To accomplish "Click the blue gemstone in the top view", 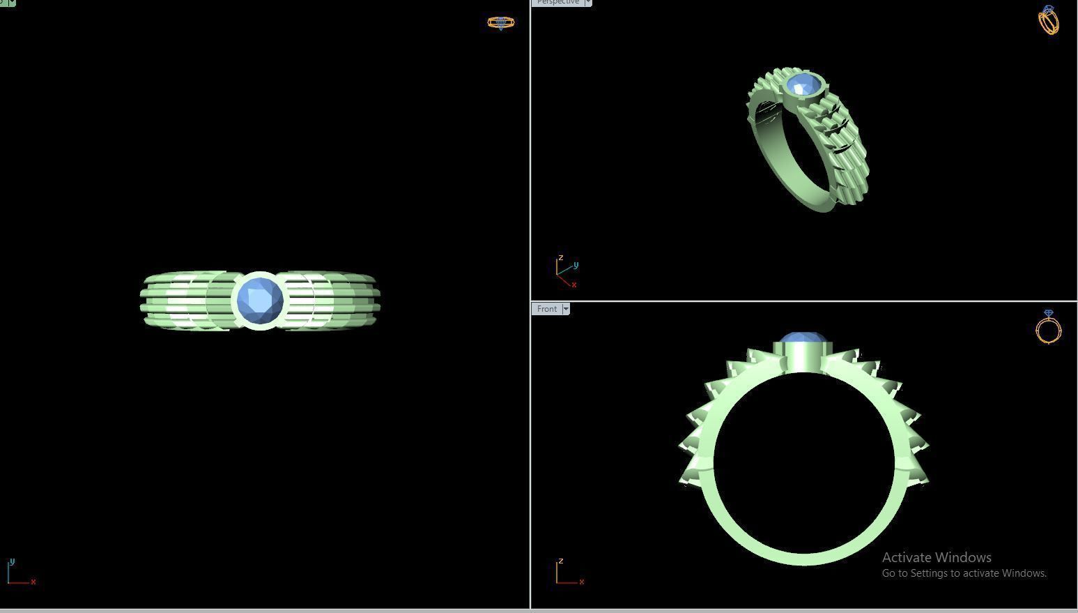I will pyautogui.click(x=260, y=301).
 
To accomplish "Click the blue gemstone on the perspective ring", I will pyautogui.click(x=803, y=86).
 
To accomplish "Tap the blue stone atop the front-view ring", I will pyautogui.click(x=803, y=338).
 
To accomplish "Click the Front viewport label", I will pyautogui.click(x=547, y=309).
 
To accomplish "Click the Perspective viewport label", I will pyautogui.click(x=557, y=2).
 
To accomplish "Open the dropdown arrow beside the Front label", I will pyautogui.click(x=566, y=309).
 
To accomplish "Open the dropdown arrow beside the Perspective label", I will pyautogui.click(x=587, y=2).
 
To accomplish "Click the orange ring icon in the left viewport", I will pyautogui.click(x=500, y=22).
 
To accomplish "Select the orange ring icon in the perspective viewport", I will pyautogui.click(x=1048, y=20).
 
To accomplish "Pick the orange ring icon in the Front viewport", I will pyautogui.click(x=1048, y=327).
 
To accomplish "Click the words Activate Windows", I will pyautogui.click(x=936, y=557).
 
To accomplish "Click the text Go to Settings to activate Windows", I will pyautogui.click(x=964, y=573).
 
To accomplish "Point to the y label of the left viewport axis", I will pyautogui.click(x=12, y=561).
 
